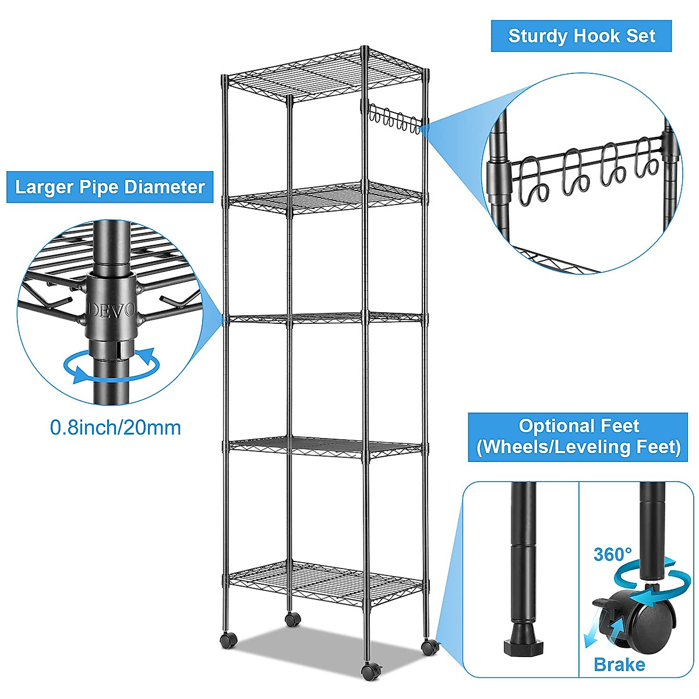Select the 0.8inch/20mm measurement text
click(115, 428)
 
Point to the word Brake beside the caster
click(619, 664)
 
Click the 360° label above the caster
click(613, 554)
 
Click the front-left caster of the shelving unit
click(228, 639)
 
